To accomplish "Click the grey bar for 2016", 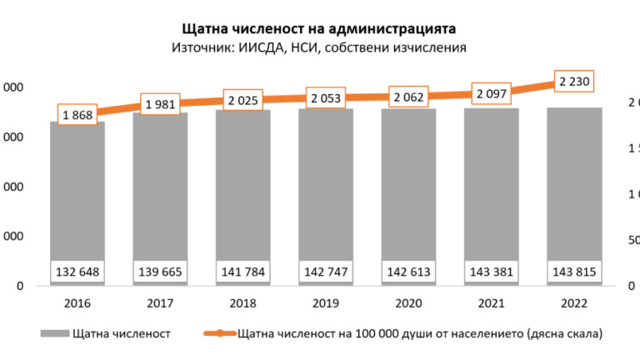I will point(77,192).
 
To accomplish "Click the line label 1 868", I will point(77,114).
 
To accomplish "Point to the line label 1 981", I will point(160,104).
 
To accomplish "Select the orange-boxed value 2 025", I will point(243,101).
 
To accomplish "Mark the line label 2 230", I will point(574,81).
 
